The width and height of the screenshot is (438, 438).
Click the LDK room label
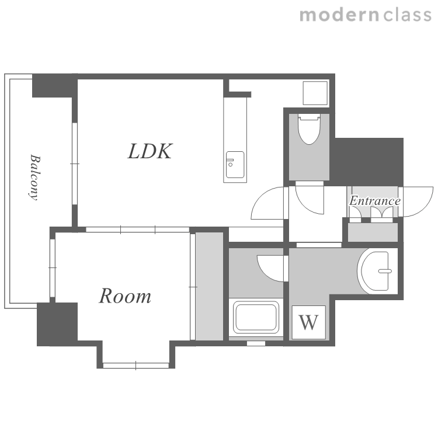[x=150, y=151]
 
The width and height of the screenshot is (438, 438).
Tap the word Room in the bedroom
[x=125, y=296]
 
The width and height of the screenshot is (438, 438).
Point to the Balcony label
[x=35, y=178]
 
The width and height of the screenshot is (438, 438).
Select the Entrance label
[x=375, y=200]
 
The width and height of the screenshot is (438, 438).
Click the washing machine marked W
[x=309, y=322]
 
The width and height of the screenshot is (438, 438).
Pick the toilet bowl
[x=309, y=129]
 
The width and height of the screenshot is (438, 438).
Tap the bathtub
[x=256, y=317]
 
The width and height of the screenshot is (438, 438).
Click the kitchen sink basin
[x=235, y=165]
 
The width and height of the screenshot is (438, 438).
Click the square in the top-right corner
[x=315, y=93]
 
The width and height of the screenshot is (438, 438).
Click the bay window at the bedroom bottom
[x=135, y=366]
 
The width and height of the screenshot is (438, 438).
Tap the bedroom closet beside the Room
[x=209, y=286]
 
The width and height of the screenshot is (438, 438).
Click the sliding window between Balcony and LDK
[x=75, y=164]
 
